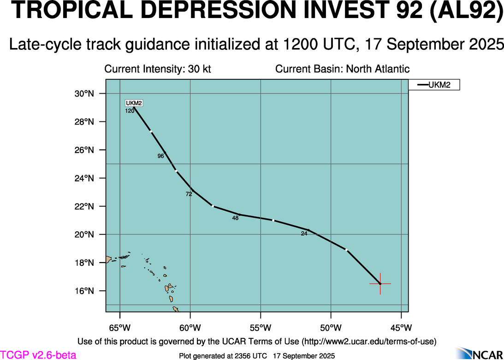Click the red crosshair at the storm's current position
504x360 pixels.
click(x=380, y=283)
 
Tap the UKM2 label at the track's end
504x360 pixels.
click(x=134, y=103)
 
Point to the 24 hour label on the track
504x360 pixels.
click(x=304, y=234)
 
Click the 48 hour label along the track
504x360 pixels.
click(x=235, y=218)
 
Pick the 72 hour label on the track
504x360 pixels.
click(x=189, y=194)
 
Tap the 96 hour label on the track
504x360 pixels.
click(x=160, y=156)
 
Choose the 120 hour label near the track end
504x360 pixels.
click(x=130, y=111)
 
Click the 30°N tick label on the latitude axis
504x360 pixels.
click(x=84, y=94)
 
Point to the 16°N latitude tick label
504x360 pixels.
click(x=84, y=291)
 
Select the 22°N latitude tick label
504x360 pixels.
click(x=84, y=206)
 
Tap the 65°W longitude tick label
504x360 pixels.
click(x=120, y=328)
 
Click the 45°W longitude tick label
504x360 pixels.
click(x=401, y=328)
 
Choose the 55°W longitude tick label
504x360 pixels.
click(x=261, y=328)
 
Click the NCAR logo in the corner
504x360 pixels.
click(x=480, y=353)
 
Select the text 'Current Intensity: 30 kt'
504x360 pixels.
click(x=158, y=69)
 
